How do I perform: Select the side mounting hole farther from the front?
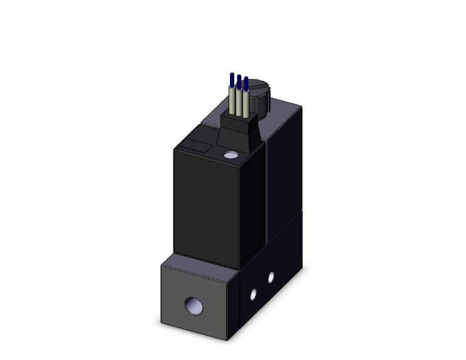point(271,275)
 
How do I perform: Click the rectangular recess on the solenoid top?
point(192,147)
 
